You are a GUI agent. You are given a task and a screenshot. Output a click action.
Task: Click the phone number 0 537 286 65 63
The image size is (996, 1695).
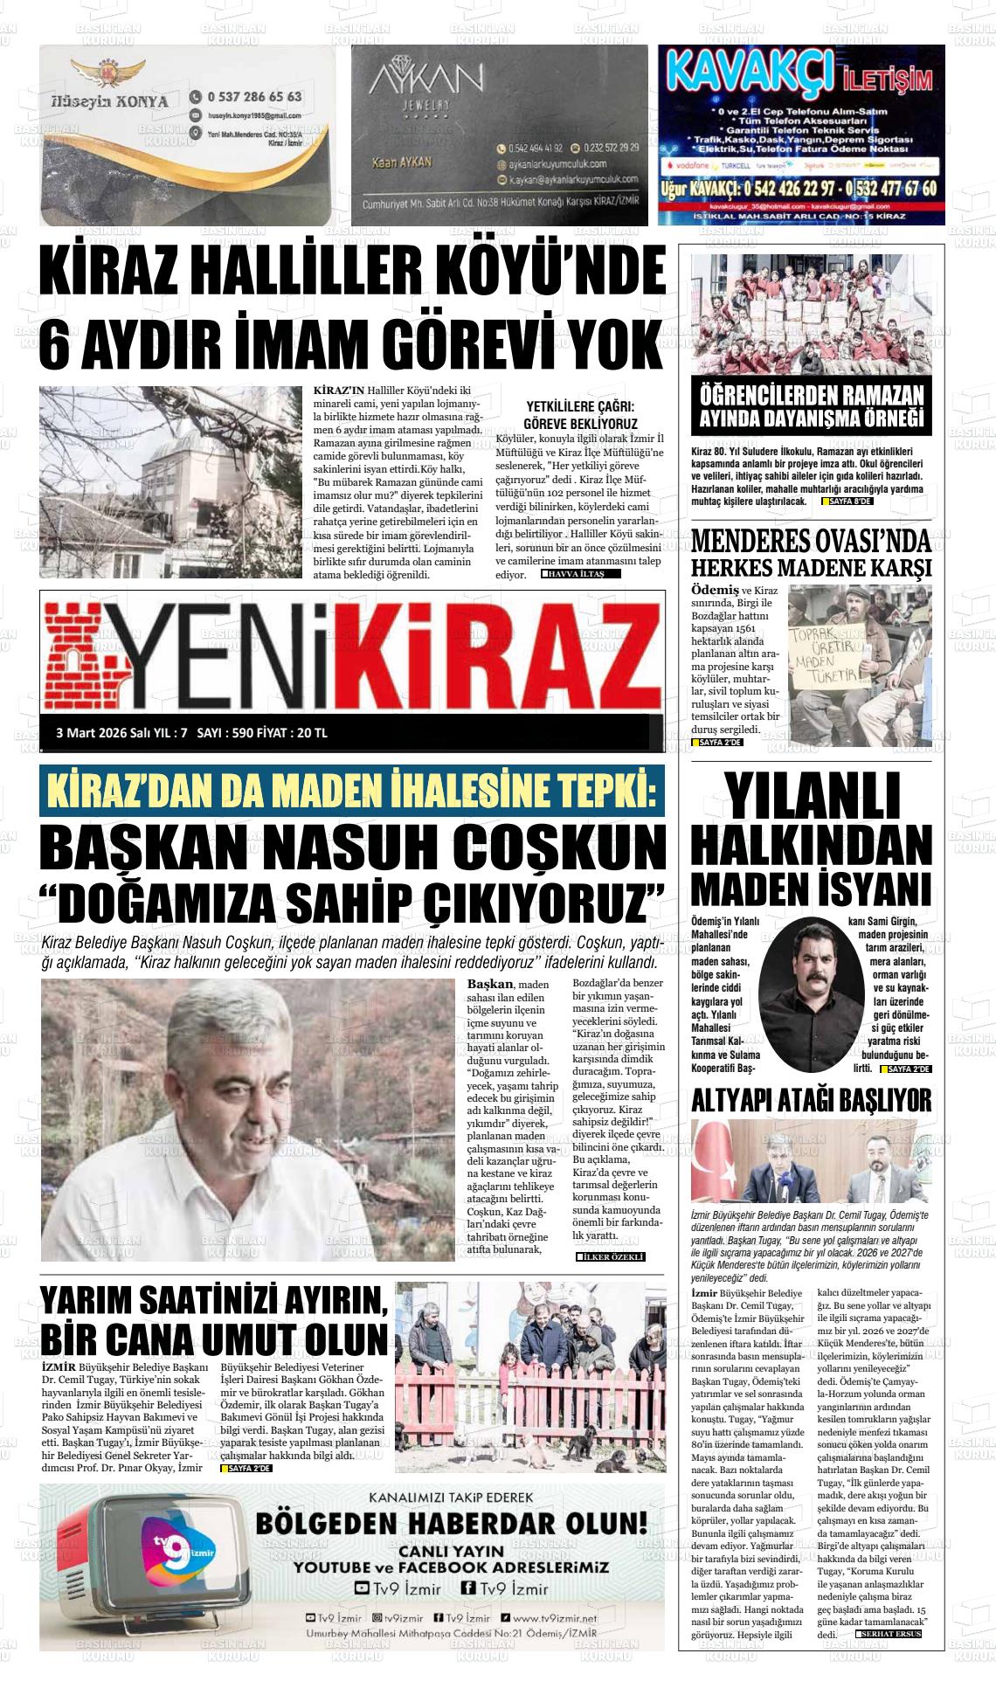point(255,97)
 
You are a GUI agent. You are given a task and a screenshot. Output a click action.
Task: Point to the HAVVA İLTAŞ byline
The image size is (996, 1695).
point(582,574)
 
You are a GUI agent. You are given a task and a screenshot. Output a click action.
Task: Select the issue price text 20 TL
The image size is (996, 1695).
point(312,732)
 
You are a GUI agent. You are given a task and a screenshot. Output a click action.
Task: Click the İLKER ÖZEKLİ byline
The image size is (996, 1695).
point(611,1256)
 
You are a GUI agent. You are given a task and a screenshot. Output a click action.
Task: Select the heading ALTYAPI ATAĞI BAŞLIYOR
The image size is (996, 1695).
point(811,1099)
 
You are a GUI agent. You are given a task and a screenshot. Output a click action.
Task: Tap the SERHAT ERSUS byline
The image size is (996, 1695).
point(889,1633)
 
